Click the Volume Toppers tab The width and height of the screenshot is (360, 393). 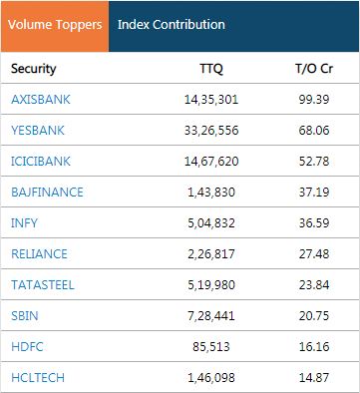pos(53,25)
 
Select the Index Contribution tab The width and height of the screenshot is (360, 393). pos(171,25)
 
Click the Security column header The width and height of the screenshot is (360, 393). pos(34,69)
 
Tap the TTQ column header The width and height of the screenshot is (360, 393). pos(212,69)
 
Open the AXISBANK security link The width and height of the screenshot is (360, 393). pos(41,100)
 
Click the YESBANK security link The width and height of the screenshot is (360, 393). pos(38,131)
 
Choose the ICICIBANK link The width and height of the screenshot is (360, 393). pos(41,162)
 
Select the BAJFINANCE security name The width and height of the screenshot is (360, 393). pos(47,193)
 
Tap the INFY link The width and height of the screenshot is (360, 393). pos(24,223)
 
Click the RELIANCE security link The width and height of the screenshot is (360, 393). pos(39,254)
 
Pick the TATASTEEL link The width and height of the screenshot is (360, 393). pos(42,285)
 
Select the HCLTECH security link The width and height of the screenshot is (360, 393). pos(38,378)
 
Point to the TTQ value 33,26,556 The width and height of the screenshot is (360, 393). pos(211,131)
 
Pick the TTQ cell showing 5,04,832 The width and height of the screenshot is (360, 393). pos(211,223)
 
